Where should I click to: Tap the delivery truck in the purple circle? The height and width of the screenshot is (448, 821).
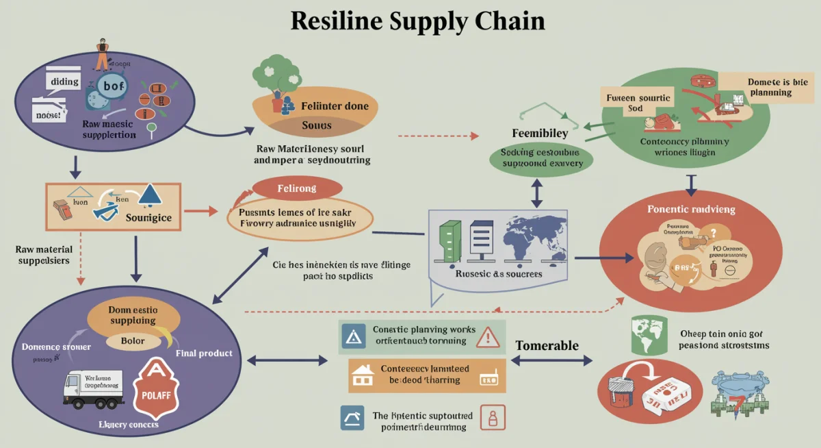92,390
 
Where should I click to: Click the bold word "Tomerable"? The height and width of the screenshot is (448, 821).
547,345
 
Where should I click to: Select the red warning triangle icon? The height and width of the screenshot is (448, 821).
487,336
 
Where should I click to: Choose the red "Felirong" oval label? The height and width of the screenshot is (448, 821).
297,188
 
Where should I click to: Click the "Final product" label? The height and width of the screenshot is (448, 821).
204,353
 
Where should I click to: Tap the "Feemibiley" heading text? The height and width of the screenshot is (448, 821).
540,133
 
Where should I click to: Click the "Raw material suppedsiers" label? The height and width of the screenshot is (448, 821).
42,255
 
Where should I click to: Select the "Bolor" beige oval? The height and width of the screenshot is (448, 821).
132,340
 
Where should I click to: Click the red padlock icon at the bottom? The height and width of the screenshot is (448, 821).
490,417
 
